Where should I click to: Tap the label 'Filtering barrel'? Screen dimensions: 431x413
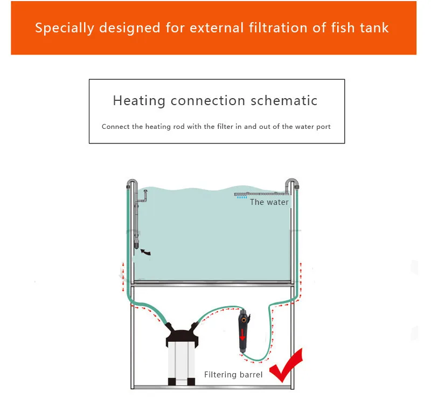233,375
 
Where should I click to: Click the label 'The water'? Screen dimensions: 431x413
269,202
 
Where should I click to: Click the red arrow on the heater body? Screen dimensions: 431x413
242,335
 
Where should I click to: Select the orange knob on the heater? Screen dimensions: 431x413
244,320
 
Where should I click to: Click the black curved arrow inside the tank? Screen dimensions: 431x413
145,252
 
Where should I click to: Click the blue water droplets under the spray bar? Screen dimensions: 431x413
242,197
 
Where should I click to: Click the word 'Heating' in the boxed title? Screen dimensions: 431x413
139,101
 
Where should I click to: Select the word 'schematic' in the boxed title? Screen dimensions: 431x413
284,100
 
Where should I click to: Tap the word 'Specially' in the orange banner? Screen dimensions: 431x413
65,29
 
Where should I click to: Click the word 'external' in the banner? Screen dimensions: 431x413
217,28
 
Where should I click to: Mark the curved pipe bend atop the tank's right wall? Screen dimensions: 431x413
292,181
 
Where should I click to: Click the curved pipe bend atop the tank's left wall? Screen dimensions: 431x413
132,181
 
